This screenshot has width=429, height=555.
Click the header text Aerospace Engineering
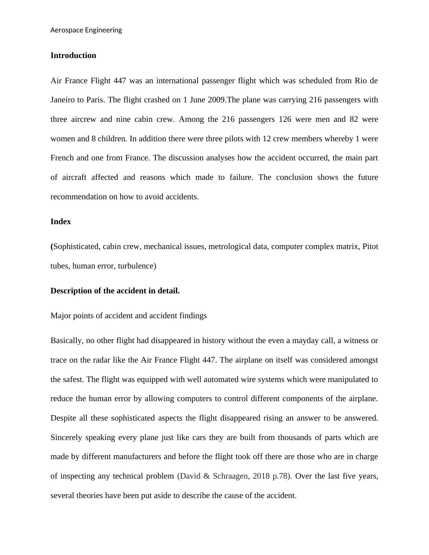86,30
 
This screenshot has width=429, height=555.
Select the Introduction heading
73,55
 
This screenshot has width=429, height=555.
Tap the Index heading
61,222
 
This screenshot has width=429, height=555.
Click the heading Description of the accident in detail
115,291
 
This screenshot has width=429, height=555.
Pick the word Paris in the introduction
95,100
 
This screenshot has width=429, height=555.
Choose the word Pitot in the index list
370,247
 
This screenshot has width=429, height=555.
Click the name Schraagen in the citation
230,476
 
